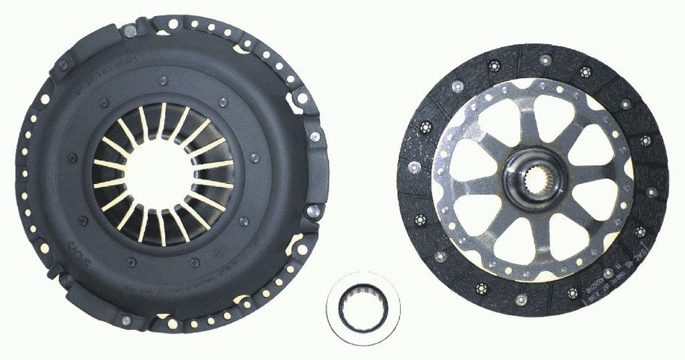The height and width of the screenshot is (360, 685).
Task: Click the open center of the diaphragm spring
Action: tap(161, 172)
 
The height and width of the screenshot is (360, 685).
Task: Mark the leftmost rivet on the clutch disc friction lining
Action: tap(414, 167)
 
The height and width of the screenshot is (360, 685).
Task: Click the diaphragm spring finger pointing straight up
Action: tap(161, 120)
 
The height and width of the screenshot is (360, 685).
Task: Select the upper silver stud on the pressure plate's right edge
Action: tap(315, 136)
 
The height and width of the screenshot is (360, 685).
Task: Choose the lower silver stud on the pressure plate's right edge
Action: tap(313, 211)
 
